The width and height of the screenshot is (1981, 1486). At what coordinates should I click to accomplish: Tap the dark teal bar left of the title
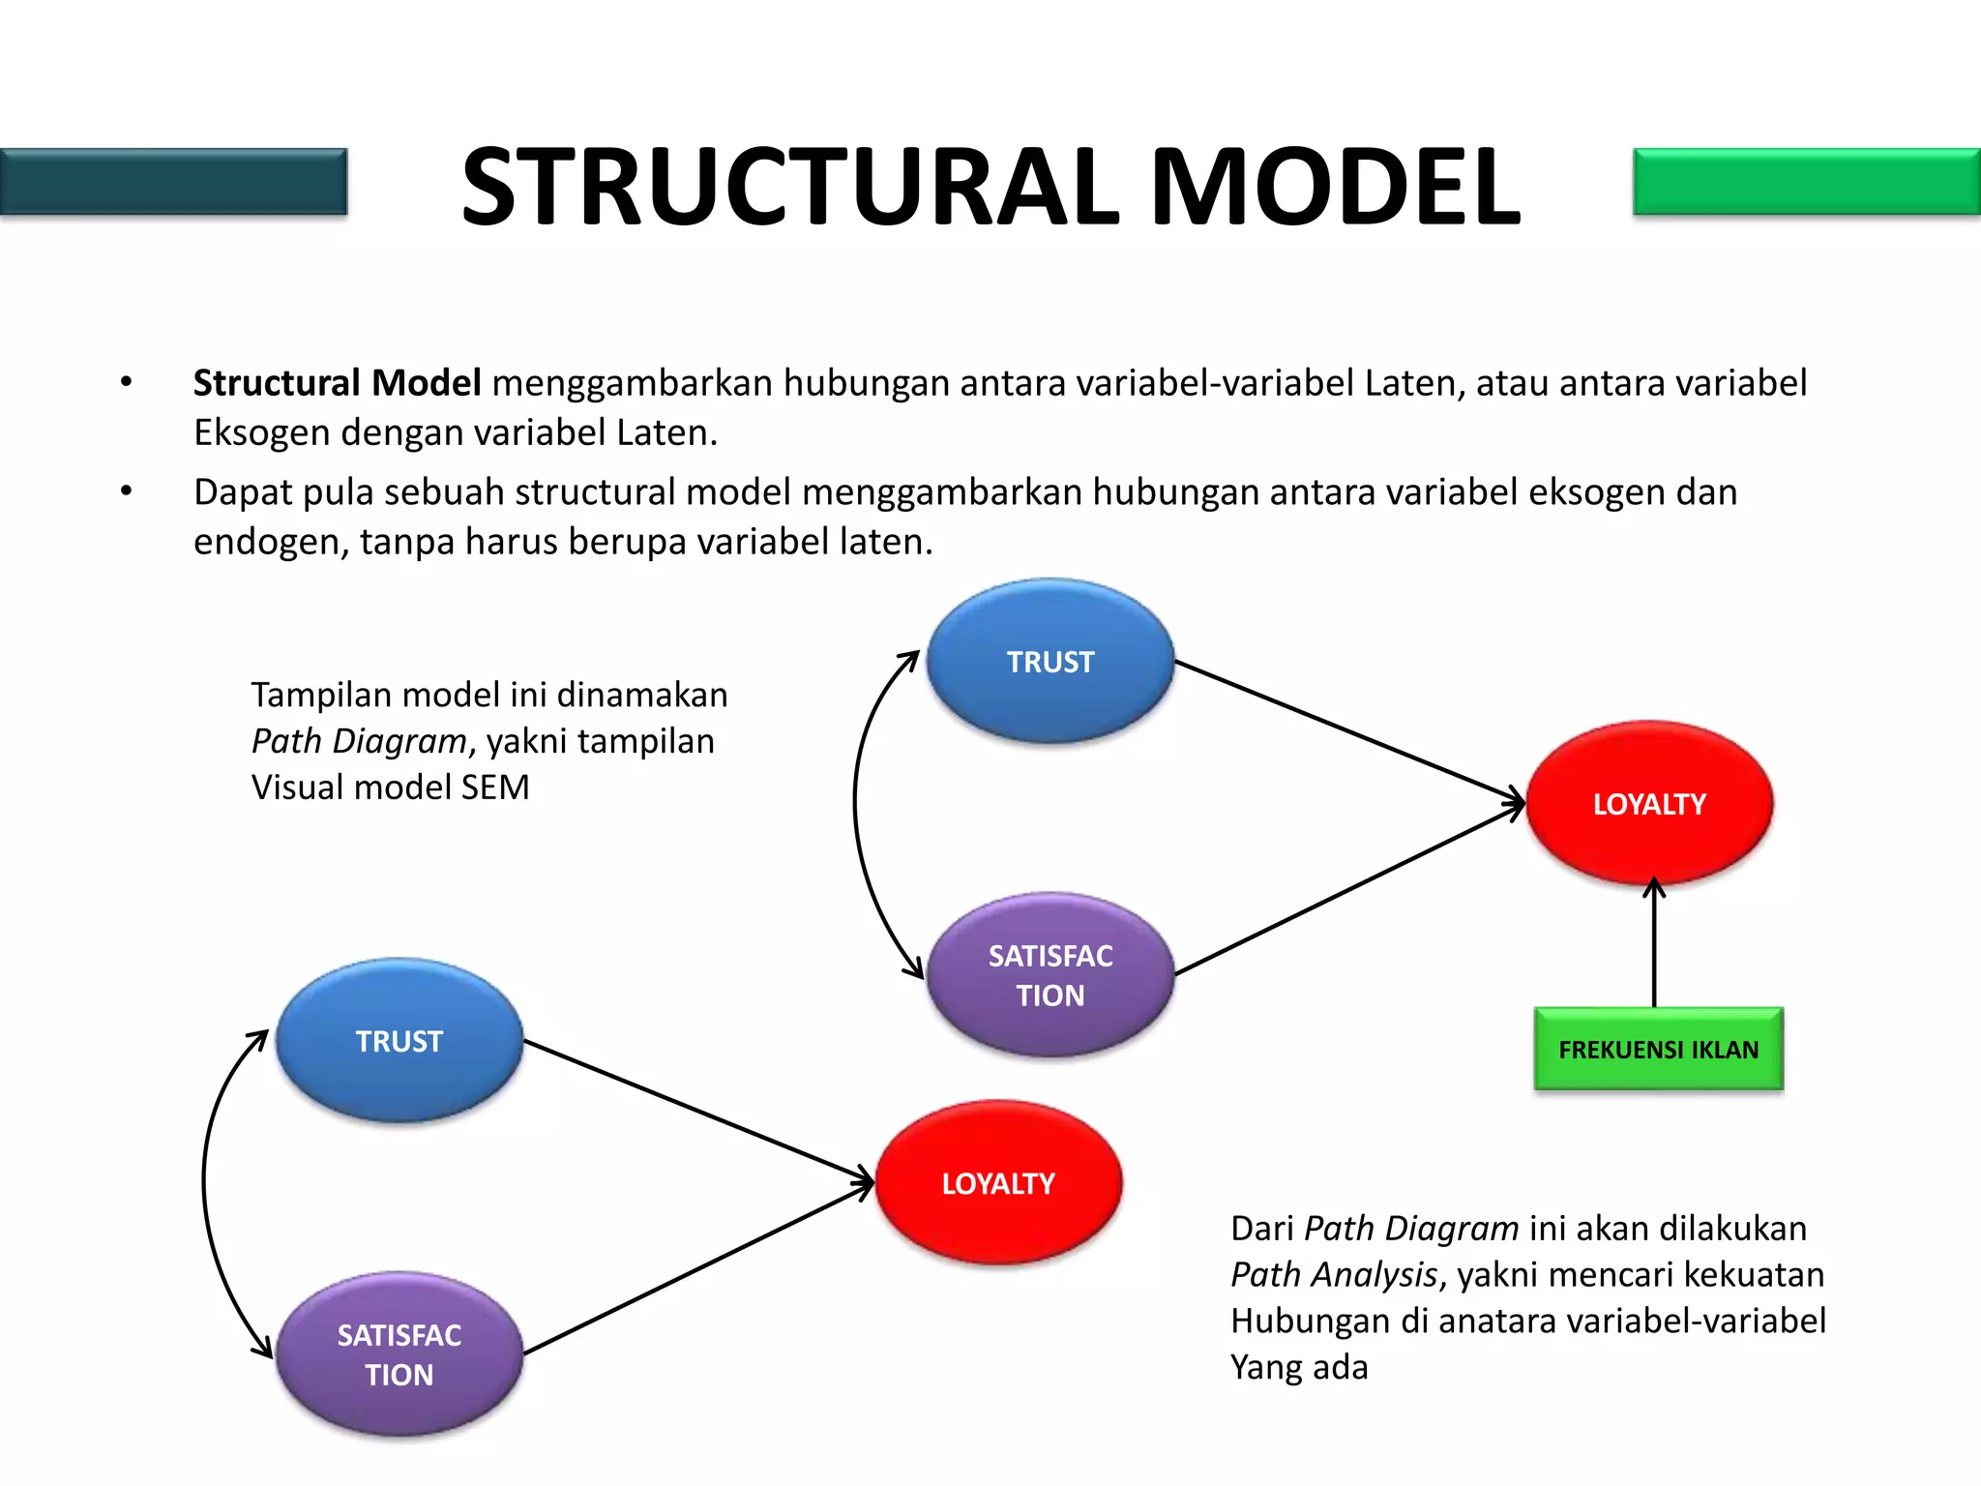point(173,181)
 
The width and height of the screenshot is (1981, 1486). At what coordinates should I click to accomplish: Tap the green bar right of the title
point(1806,181)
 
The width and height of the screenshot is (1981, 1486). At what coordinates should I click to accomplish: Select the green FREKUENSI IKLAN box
point(1658,1049)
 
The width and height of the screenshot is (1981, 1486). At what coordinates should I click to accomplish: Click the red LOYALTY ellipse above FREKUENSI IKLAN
point(1649,803)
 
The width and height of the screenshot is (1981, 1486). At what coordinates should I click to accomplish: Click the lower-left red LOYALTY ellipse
point(998,1182)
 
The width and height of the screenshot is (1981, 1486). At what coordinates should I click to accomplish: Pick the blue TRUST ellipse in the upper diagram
point(1050,662)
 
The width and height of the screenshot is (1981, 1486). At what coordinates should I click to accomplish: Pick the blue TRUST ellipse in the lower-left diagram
point(399,1041)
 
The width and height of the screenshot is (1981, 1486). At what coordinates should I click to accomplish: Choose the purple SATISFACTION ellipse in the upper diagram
point(1050,975)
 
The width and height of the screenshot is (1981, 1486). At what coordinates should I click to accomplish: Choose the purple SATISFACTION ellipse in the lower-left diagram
point(399,1354)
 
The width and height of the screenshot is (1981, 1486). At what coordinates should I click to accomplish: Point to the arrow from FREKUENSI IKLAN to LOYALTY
point(1654,948)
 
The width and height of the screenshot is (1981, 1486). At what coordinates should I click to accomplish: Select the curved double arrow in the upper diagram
point(856,803)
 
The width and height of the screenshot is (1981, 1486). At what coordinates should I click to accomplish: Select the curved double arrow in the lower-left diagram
point(204,1182)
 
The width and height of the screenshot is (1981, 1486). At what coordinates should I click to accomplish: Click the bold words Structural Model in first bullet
point(337,383)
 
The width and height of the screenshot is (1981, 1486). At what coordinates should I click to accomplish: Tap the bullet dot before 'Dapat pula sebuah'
point(126,491)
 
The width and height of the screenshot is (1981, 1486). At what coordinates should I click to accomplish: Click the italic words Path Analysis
point(1334,1275)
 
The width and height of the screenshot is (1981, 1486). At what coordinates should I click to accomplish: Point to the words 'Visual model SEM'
point(390,788)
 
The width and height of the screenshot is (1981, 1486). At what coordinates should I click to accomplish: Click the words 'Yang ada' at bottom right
point(1299,1368)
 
